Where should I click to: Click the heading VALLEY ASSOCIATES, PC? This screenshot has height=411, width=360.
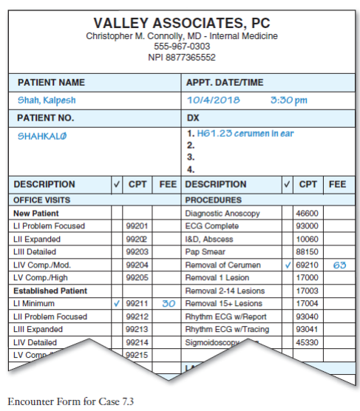tap(181, 22)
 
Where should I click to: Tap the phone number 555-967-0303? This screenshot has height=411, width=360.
tap(181, 46)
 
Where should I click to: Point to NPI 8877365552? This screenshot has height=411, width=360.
tap(181, 57)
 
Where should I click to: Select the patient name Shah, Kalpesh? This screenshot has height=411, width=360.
tap(47, 100)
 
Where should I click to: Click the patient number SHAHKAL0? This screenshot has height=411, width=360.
tap(43, 135)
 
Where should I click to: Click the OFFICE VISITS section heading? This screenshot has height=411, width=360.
tap(41, 200)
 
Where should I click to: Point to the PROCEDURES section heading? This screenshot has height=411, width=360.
tap(214, 200)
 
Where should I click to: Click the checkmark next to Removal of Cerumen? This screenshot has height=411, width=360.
tap(287, 264)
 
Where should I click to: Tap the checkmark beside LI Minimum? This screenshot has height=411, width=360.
tap(117, 303)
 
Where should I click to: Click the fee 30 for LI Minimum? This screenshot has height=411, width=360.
tap(168, 303)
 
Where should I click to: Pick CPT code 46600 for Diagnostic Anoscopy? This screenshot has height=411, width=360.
tap(307, 213)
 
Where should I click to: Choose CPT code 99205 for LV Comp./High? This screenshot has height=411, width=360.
tap(137, 277)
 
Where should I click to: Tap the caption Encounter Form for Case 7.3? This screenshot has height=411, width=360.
tap(61, 401)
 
